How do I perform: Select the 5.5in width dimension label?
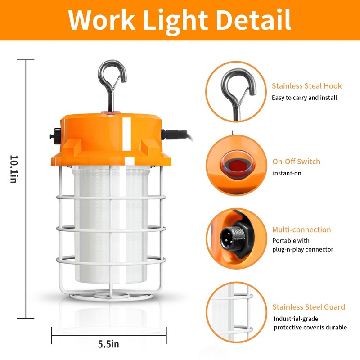click(108, 344)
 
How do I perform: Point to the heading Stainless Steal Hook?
click(306, 86)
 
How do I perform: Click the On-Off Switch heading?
click(296, 162)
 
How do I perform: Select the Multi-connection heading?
click(301, 229)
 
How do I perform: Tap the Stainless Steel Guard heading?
click(308, 307)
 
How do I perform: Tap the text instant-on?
click(287, 173)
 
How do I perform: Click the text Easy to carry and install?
click(304, 98)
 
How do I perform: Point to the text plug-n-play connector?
click(302, 250)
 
